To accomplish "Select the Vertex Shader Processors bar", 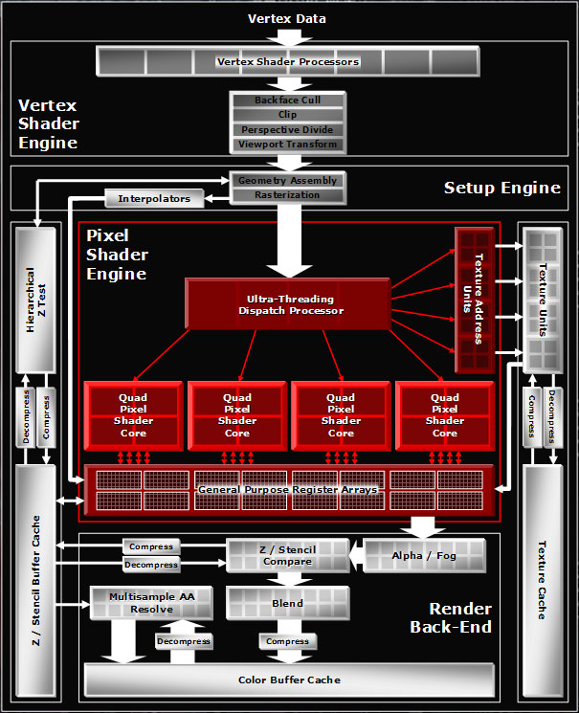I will (x=287, y=62).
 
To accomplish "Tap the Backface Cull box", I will (x=287, y=100).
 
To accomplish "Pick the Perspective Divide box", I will (x=287, y=130).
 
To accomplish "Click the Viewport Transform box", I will (x=287, y=145).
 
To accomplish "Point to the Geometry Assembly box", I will (x=287, y=181).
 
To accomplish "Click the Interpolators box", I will (x=154, y=199).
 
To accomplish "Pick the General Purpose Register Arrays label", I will (x=287, y=490).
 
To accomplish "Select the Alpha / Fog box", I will (x=424, y=556).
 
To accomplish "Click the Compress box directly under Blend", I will (x=287, y=641).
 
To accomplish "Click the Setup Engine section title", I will (x=501, y=188).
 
